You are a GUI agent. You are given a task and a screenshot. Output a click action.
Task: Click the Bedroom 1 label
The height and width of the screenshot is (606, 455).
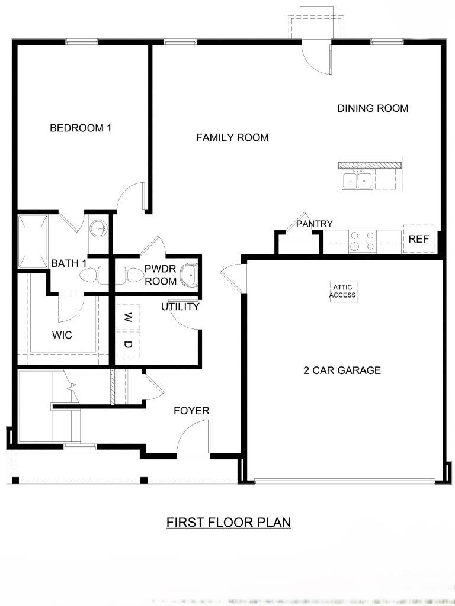coord(81,128)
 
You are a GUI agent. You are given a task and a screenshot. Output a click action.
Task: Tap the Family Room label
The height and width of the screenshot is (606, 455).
coord(232,137)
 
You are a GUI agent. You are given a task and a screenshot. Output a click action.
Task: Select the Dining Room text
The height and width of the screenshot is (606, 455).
coord(373,108)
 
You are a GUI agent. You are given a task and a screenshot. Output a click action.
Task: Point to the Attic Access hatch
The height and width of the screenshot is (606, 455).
coord(344,291)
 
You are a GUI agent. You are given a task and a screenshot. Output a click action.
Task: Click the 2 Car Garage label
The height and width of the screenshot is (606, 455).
coord(342,370)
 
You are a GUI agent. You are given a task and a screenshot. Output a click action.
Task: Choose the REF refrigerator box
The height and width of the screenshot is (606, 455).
coord(419,239)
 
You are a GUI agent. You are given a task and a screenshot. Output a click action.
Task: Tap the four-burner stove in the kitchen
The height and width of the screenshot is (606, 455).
coord(363,241)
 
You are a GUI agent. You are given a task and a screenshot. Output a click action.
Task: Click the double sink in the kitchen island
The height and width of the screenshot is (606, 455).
coord(357,180)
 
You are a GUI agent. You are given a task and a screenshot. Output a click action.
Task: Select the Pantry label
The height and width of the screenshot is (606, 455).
coord(314,224)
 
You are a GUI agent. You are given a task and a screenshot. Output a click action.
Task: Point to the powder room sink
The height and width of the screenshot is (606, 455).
coord(190,275)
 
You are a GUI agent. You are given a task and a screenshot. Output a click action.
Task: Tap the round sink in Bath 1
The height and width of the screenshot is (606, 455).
coord(98,229)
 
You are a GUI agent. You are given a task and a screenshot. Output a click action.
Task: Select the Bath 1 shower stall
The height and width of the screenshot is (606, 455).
coord(33,241)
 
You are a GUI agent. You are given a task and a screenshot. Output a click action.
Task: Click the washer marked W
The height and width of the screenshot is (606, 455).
coord(128,318)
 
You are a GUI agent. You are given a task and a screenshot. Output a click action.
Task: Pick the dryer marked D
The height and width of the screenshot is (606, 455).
coord(128,344)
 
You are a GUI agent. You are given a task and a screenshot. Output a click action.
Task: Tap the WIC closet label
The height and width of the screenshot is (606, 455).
coord(62,335)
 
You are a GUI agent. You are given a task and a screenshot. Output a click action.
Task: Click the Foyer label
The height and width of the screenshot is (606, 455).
coord(191,411)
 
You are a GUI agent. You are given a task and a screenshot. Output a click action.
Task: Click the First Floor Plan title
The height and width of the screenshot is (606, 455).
coord(229,523)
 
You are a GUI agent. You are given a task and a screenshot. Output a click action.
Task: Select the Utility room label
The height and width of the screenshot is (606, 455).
coord(180,307)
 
